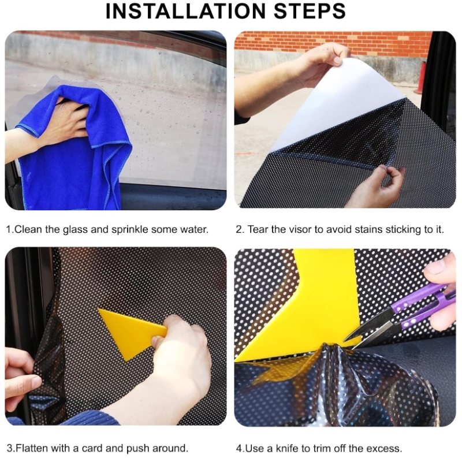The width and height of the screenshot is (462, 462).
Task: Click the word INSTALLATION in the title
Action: (185, 11)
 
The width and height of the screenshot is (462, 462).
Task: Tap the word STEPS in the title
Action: (310, 11)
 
